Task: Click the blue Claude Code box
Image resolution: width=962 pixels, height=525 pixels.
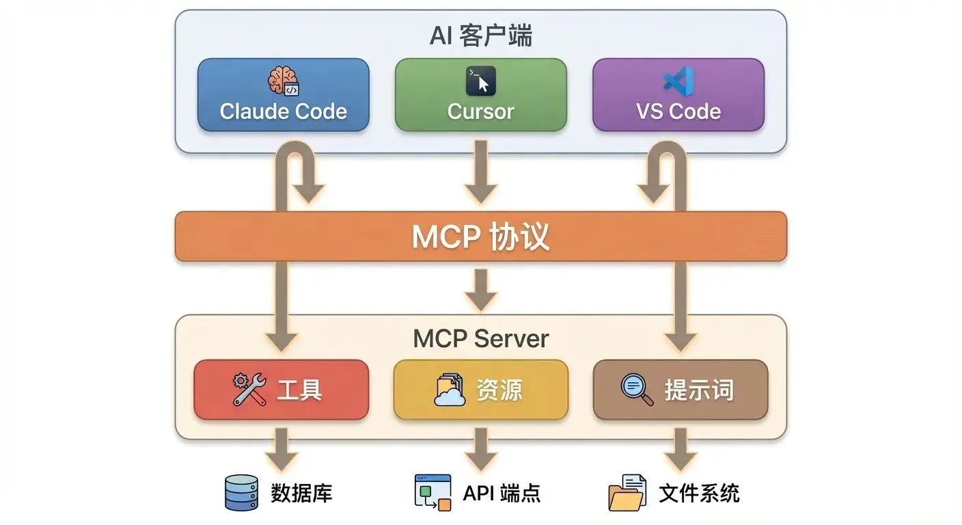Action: click(283, 95)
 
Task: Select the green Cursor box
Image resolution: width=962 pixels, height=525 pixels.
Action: click(480, 95)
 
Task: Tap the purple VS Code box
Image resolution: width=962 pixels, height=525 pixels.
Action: click(678, 95)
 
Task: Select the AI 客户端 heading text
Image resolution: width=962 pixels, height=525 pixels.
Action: click(480, 36)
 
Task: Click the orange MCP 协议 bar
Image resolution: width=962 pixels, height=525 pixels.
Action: click(480, 237)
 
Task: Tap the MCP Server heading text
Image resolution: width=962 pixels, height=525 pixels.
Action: click(480, 338)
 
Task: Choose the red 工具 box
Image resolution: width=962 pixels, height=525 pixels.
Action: click(281, 390)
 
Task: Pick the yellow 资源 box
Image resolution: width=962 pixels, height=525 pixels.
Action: click(480, 390)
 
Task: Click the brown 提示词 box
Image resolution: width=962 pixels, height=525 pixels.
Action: click(680, 390)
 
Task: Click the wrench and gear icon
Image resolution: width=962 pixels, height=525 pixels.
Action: click(249, 390)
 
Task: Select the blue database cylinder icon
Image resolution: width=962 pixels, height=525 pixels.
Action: click(241, 493)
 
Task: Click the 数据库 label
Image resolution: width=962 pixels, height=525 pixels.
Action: click(301, 493)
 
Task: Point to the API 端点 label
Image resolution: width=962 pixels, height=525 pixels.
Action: click(501, 493)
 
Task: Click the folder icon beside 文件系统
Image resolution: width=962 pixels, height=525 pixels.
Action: click(627, 493)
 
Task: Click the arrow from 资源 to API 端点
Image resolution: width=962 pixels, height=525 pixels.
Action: click(480, 450)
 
